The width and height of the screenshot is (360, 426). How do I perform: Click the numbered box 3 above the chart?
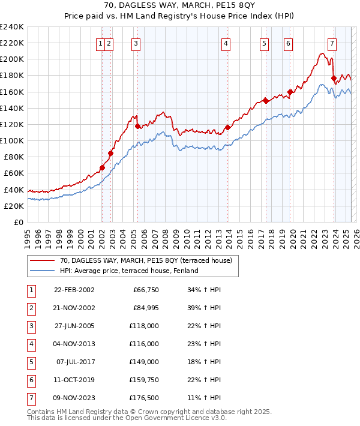[136, 43]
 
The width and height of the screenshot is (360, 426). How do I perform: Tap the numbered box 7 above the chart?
[332, 43]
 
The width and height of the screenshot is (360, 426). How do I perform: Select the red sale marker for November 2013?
[227, 127]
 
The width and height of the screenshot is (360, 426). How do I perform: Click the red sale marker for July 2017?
[265, 101]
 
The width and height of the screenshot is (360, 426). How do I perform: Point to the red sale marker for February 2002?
[102, 167]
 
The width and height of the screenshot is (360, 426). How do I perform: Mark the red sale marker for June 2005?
[137, 126]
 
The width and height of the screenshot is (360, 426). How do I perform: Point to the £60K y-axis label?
[14, 173]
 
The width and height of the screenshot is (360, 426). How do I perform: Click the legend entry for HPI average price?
[129, 271]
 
